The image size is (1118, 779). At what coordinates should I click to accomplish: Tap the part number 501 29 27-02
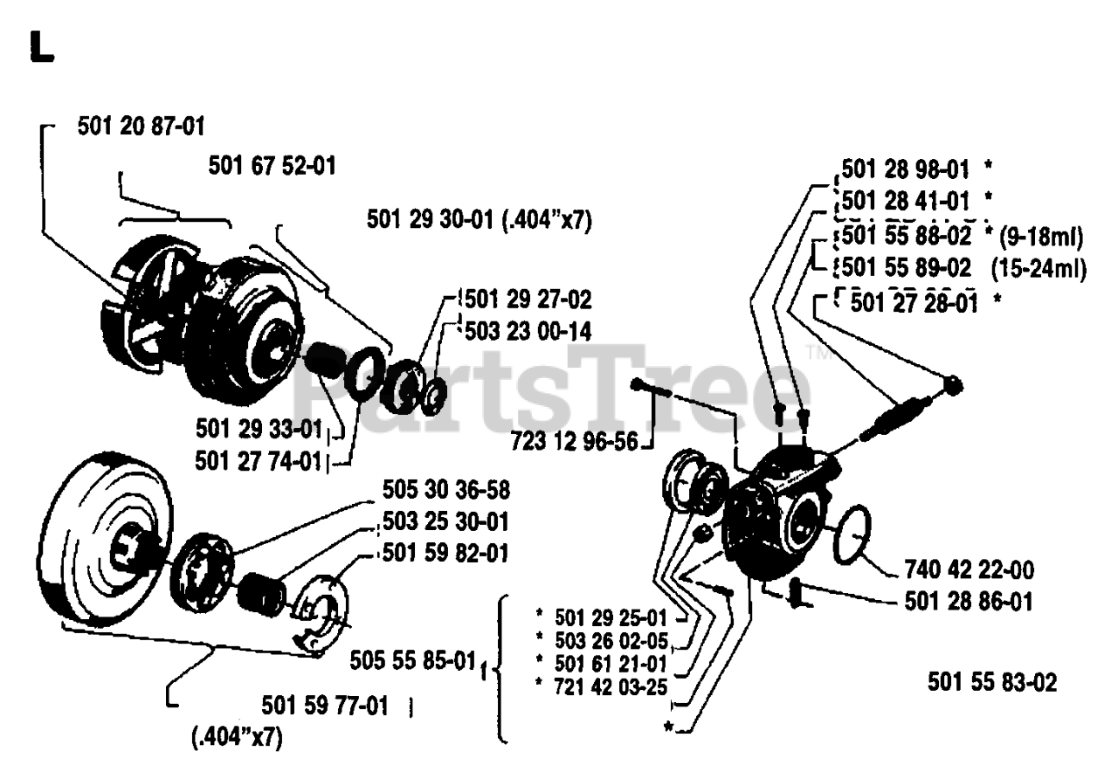(x=529, y=300)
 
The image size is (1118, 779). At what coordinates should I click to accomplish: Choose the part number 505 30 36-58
(x=446, y=488)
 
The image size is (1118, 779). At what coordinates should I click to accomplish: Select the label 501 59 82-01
(x=446, y=555)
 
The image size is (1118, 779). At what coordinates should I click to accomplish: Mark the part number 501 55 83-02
(x=992, y=682)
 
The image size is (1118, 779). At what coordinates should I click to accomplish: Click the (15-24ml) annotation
(x=1039, y=269)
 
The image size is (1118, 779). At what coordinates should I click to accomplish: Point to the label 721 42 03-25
(x=611, y=686)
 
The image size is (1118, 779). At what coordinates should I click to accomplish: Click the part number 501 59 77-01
(x=325, y=704)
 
